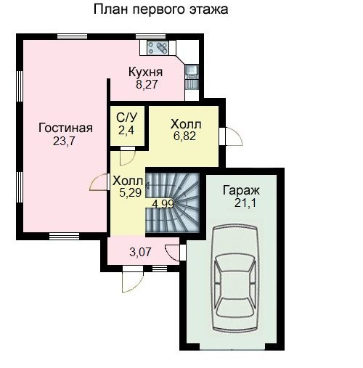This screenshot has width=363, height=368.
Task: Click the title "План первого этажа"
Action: [x=160, y=10]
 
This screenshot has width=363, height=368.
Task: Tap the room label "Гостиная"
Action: [x=65, y=128]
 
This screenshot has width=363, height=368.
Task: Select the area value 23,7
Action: [x=64, y=141]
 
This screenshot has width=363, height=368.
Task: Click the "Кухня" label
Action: [x=145, y=72]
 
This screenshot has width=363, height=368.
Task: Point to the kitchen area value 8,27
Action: [x=147, y=84]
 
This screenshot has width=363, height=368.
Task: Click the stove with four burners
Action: [x=158, y=48]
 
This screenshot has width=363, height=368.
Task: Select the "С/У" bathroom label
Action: [x=126, y=118]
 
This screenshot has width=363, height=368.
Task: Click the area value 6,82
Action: [x=184, y=136]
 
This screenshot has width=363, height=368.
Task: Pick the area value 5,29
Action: [x=130, y=193]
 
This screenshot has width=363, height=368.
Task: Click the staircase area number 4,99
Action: [x=163, y=204]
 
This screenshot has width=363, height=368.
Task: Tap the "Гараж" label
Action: [x=241, y=190]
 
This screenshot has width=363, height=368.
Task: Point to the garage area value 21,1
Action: [x=245, y=203]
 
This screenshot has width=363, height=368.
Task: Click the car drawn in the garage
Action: [x=234, y=278]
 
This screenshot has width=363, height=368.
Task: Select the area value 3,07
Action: [x=140, y=253]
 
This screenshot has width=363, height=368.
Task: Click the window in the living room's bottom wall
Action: [x=64, y=236]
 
